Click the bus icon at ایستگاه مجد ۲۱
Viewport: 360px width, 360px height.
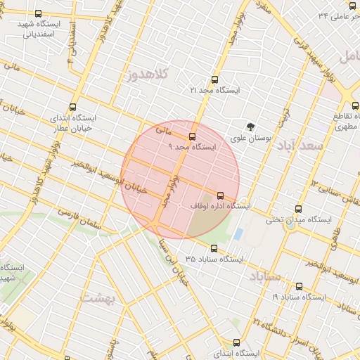point(214,80)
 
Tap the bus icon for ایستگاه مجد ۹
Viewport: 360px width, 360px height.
point(192,136)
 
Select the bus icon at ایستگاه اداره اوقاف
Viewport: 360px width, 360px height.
point(220,195)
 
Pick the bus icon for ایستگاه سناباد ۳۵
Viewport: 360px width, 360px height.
point(214,248)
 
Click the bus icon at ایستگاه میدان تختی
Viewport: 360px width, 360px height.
point(299,209)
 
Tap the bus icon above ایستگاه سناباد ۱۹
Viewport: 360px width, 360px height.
point(299,286)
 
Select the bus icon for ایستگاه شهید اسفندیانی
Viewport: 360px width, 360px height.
point(37,13)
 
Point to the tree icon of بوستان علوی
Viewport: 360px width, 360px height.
point(251,127)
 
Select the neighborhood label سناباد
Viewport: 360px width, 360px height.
point(265,276)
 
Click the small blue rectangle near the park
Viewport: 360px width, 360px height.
point(238,233)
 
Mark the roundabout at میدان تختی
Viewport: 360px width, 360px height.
point(276,219)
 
